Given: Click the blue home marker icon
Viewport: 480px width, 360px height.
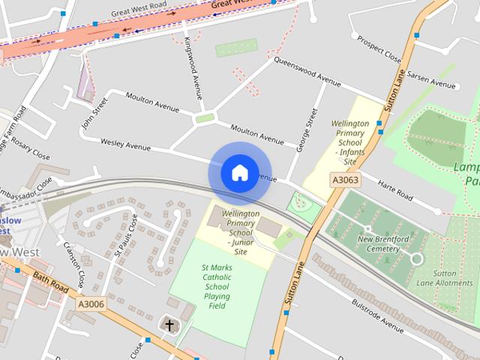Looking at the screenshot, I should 239,172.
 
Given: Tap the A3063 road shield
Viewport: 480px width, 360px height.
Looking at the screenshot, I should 345,180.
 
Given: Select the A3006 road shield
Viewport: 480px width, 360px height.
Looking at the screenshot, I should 91,304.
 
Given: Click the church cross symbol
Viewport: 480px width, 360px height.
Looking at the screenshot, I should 169,325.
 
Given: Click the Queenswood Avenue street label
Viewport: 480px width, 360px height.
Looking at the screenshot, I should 307,70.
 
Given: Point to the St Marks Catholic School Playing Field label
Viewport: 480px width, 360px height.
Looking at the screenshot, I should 217,286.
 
